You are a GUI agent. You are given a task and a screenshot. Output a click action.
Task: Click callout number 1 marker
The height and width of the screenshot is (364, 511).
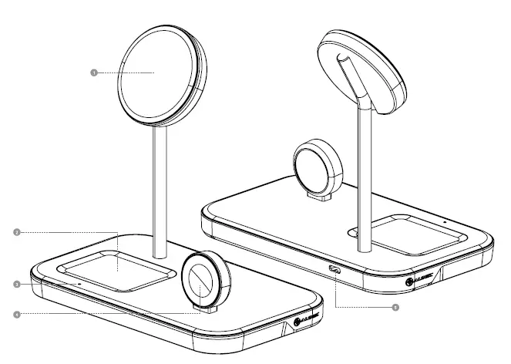[x=93, y=72]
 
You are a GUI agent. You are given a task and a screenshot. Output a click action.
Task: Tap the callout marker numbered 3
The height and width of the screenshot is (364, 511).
[x=16, y=285]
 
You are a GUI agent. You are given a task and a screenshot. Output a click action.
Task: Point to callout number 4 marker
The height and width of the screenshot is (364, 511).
[x=16, y=314]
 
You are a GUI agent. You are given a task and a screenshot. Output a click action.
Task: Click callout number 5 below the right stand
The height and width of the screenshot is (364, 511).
[x=396, y=307]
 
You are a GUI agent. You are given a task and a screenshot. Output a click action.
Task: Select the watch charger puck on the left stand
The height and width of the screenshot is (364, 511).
[x=205, y=279]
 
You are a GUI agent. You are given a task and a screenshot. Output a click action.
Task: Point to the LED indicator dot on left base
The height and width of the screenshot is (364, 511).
[x=79, y=282]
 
